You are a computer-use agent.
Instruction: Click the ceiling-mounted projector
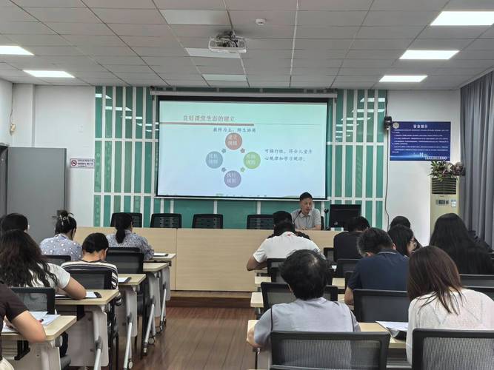pos(227,44)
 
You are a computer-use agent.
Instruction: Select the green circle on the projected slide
pos(252,160)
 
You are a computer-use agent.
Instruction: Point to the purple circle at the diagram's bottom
pos(233,178)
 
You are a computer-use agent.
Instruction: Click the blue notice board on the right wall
pos(420,141)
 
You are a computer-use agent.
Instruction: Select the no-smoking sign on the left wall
pos(81,163)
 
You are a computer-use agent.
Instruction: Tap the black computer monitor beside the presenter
pos(344,216)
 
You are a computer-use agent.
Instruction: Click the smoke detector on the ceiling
pos(260,21)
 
